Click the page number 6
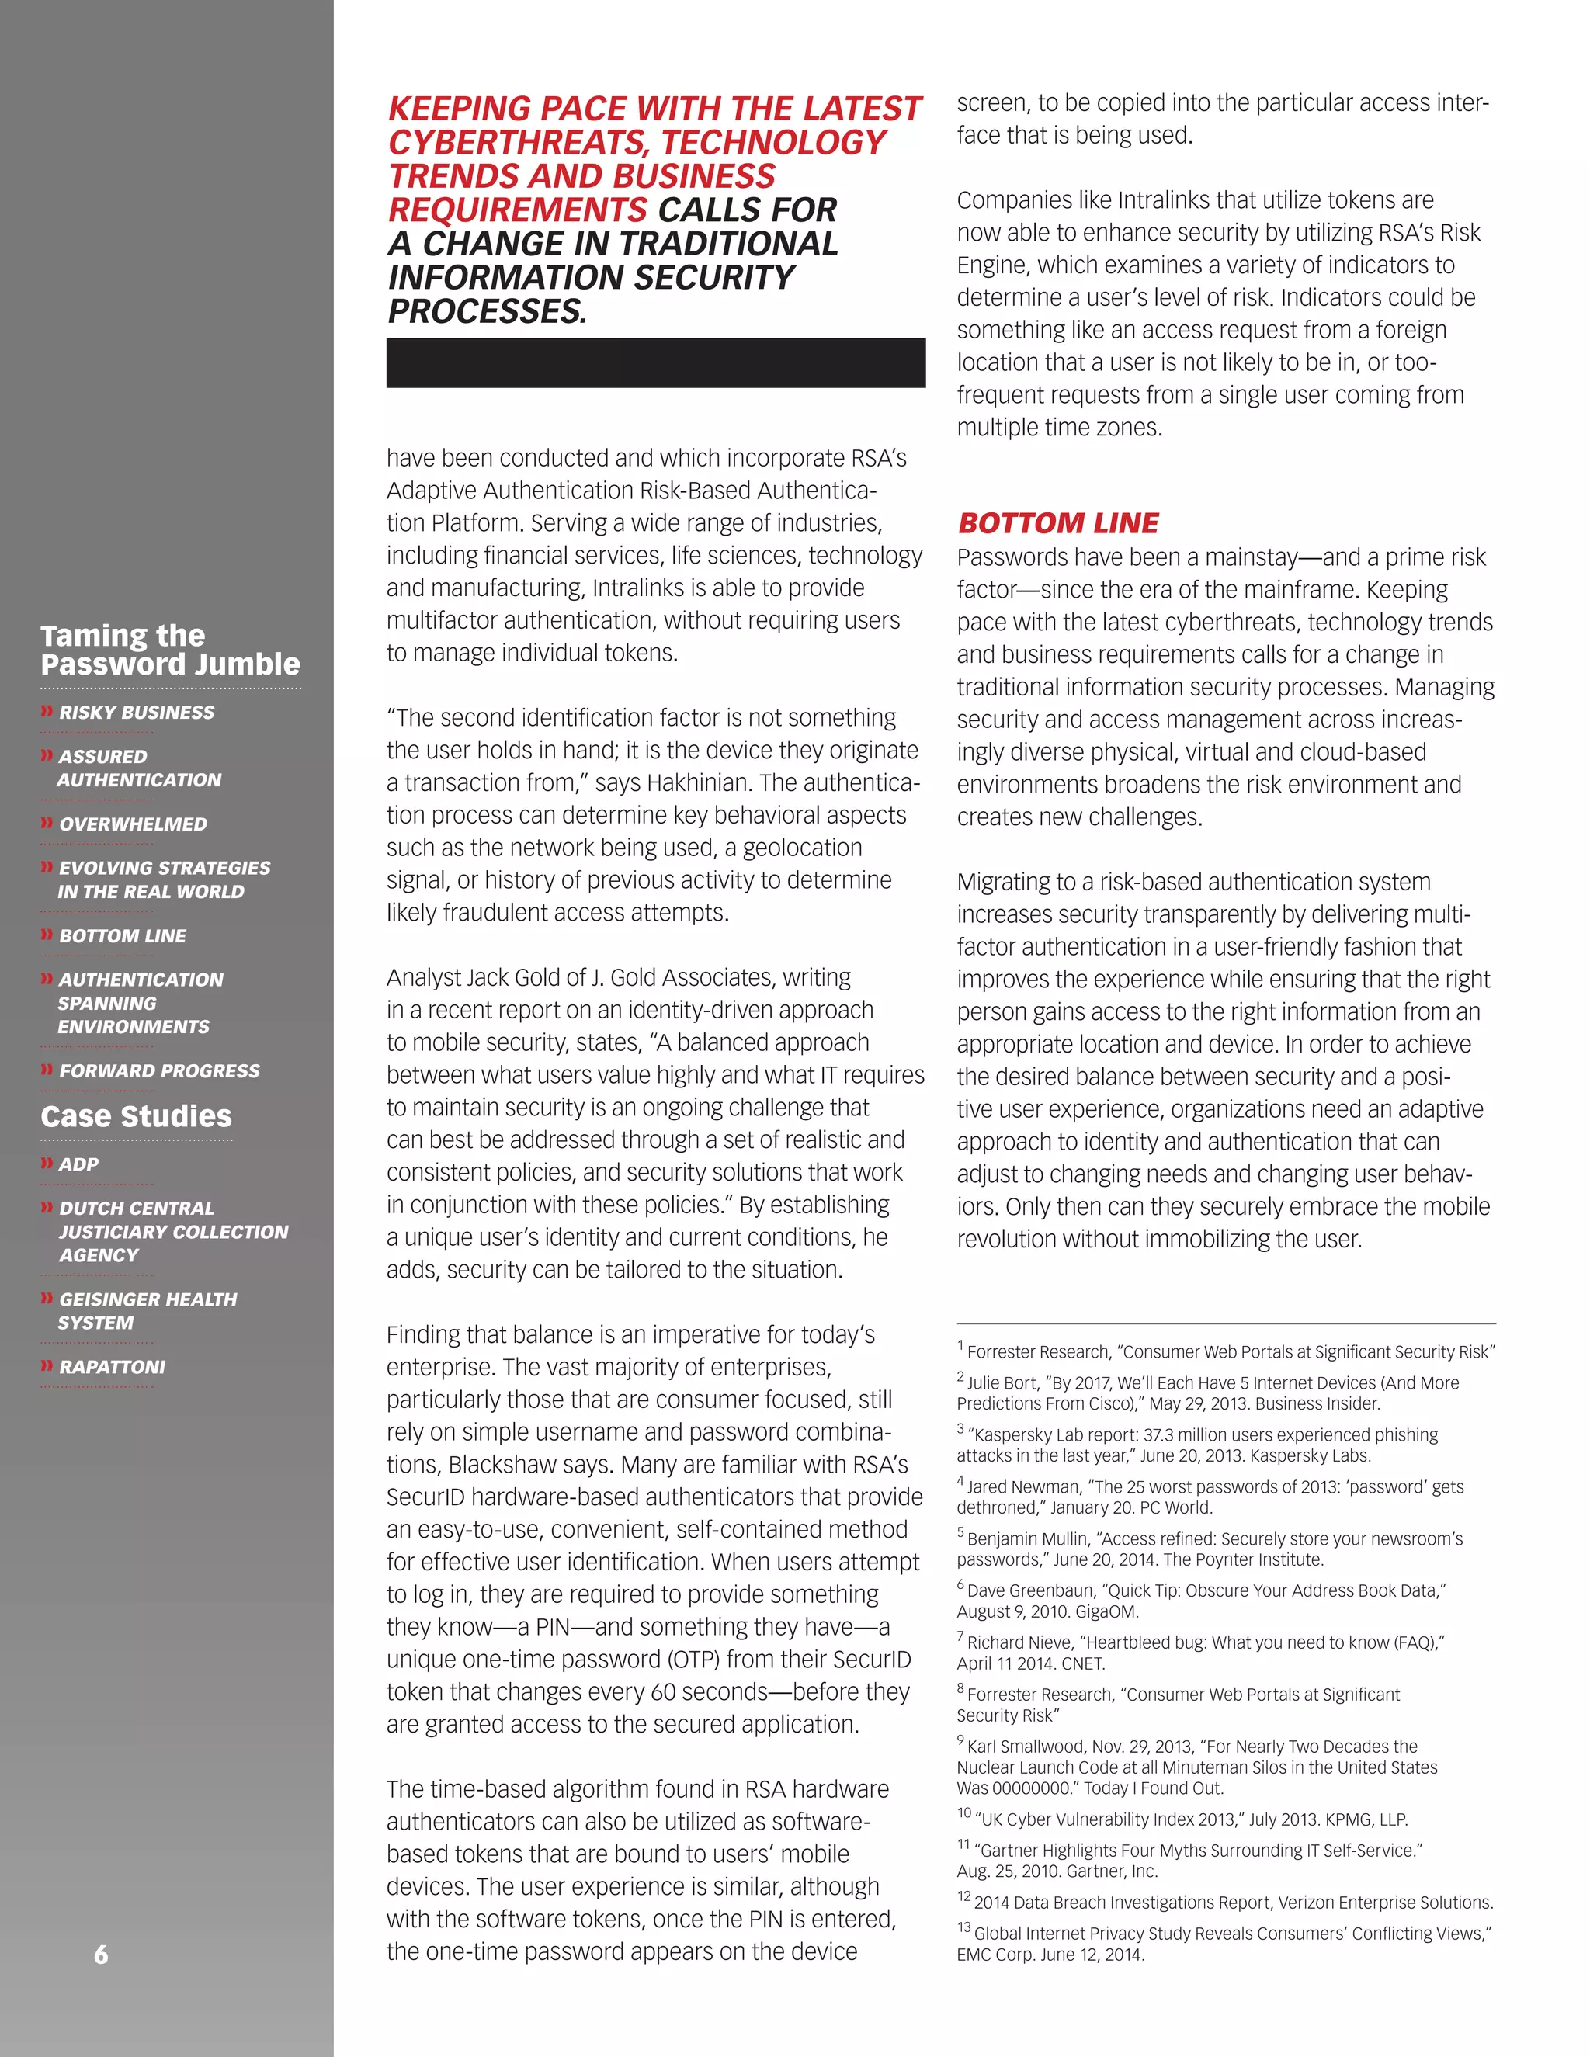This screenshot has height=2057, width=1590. coord(101,1955)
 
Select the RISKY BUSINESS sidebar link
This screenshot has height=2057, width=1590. coord(137,713)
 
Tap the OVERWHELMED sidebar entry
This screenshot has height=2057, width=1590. coord(133,824)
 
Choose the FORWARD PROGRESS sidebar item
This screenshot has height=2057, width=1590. coord(159,1071)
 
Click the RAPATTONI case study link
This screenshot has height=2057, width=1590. coord(112,1367)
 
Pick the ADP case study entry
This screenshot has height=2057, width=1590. coord(78,1164)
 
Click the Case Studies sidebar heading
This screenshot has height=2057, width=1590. coord(136,1116)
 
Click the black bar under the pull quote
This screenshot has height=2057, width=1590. coord(655,362)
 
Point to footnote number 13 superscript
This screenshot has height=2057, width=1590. coord(963,1927)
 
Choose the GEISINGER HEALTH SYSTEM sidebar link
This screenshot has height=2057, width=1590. coord(147,1310)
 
